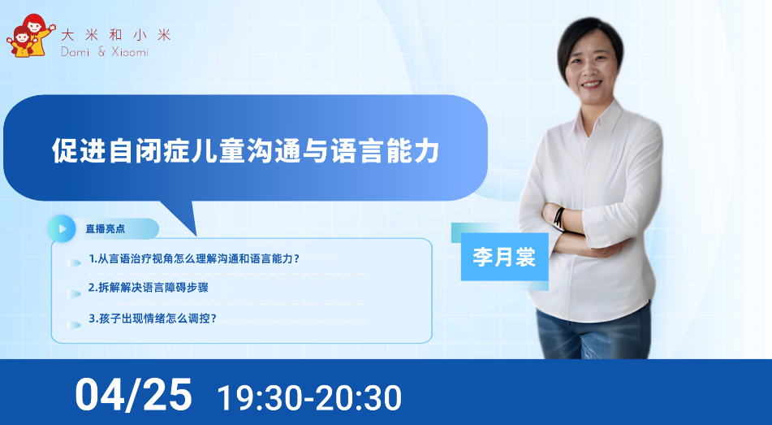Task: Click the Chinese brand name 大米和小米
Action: coord(116,35)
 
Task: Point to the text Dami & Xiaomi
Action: coord(105,51)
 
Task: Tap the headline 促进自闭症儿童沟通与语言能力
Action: coord(245,150)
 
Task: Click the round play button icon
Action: coord(62,229)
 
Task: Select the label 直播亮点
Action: coord(105,229)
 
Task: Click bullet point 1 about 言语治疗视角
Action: coord(193,258)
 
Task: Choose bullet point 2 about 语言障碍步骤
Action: coord(149,288)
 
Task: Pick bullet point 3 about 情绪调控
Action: coord(153,319)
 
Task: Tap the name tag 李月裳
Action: coord(504,257)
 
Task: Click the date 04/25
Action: coord(133,394)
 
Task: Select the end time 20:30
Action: coord(359,398)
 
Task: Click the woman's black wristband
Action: coord(559,219)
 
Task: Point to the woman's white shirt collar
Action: coord(596,121)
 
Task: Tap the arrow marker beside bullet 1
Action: coord(74,262)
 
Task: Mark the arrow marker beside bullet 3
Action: coord(74,325)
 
